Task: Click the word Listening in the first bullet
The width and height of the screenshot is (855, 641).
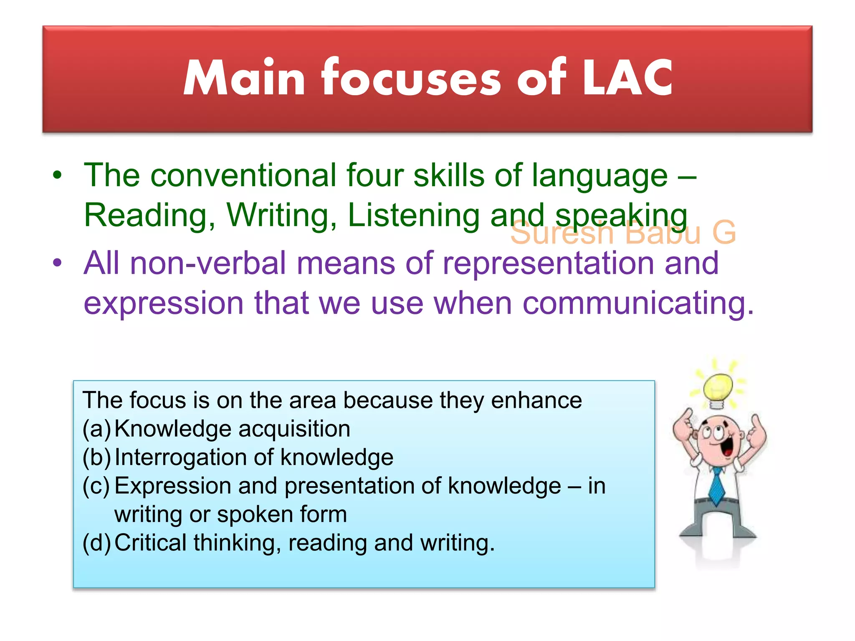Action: click(x=413, y=215)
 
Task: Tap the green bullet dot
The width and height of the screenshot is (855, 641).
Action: click(x=57, y=175)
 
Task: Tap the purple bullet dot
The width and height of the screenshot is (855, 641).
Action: click(x=57, y=263)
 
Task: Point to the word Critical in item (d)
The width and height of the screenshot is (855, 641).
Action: click(x=150, y=543)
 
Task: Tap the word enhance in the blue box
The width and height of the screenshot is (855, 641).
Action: click(x=536, y=401)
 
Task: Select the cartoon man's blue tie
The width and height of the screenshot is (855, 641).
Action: click(x=717, y=486)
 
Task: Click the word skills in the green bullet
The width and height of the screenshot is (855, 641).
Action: click(x=449, y=175)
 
